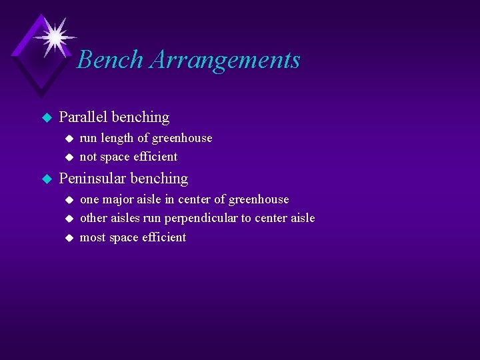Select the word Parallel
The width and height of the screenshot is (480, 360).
click(x=83, y=117)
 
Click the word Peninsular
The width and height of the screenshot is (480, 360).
click(x=93, y=179)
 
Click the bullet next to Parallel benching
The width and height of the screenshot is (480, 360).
click(x=46, y=118)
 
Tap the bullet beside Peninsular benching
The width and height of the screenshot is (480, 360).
click(x=46, y=179)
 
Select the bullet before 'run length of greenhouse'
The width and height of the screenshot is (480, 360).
click(x=67, y=139)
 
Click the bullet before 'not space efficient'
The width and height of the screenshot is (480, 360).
click(x=67, y=157)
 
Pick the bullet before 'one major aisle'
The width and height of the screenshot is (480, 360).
click(x=67, y=200)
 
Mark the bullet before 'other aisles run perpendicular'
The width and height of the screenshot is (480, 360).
click(x=67, y=219)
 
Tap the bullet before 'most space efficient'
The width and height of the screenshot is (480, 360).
click(x=67, y=238)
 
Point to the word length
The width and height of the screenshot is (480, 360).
click(x=117, y=138)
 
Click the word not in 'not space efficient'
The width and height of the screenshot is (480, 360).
click(x=88, y=157)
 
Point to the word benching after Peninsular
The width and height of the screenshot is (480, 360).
click(x=159, y=179)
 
